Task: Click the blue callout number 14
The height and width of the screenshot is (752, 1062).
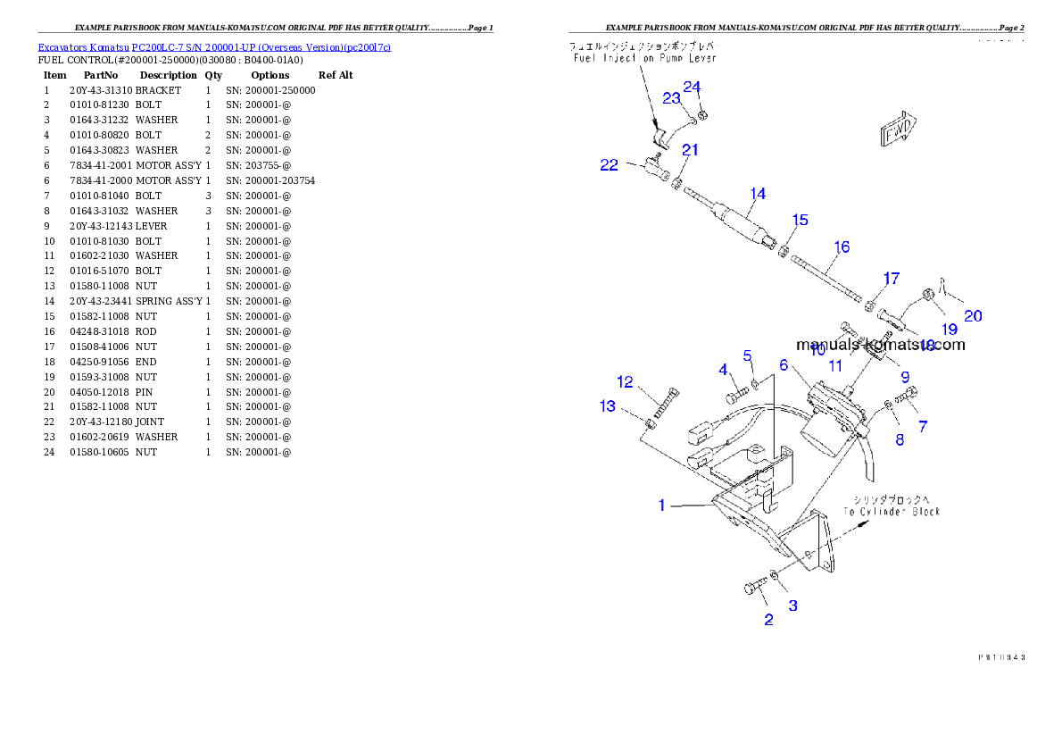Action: point(758,194)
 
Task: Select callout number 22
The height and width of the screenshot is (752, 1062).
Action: point(609,165)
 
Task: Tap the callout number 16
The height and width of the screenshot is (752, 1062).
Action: point(842,247)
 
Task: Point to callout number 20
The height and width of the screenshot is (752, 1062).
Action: point(973,316)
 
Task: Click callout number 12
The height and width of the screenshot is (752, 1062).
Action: point(625,382)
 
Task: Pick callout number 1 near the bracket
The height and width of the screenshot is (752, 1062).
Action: point(661,506)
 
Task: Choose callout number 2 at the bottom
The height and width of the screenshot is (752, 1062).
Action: point(768,620)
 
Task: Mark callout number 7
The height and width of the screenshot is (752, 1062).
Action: point(923,427)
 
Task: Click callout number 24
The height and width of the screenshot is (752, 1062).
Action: point(693,87)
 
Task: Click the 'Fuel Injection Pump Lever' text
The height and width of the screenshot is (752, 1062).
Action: point(644,58)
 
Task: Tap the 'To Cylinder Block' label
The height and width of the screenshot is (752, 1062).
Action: point(892,512)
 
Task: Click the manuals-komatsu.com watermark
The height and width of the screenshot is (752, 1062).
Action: point(880,345)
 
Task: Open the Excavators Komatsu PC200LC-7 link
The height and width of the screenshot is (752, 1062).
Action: point(214,46)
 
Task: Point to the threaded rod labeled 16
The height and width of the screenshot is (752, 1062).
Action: point(826,281)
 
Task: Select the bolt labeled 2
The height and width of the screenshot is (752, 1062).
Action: point(754,587)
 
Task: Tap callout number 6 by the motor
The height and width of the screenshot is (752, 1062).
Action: point(784,365)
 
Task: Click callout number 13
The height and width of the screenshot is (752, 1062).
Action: point(607,406)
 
